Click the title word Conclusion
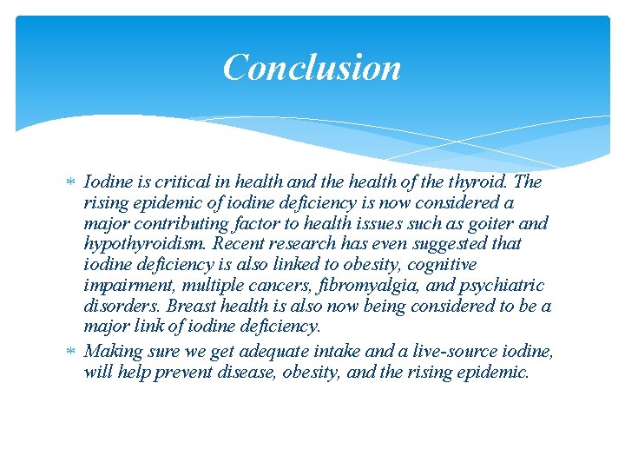point(312,67)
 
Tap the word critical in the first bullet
point(179,182)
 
